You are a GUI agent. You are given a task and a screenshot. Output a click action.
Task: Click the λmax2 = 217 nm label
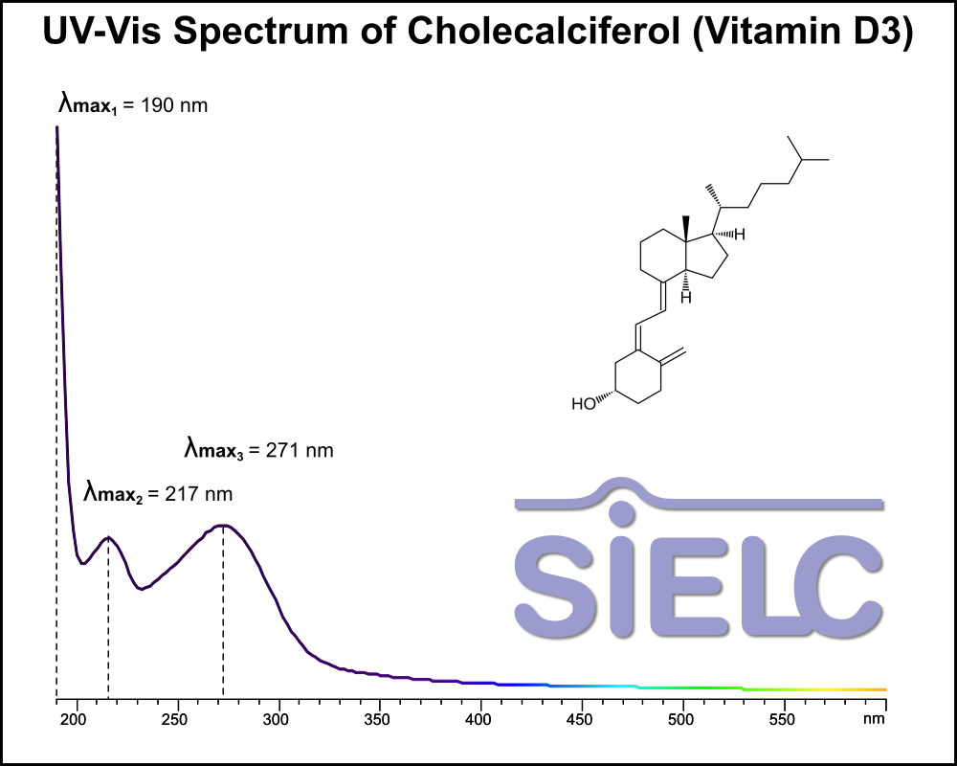tap(158, 494)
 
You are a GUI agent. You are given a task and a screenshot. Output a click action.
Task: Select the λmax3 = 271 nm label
tap(258, 449)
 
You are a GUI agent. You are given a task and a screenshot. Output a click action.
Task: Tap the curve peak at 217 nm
tap(109, 537)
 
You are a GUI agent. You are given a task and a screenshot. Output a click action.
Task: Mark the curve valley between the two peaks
tap(141, 589)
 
